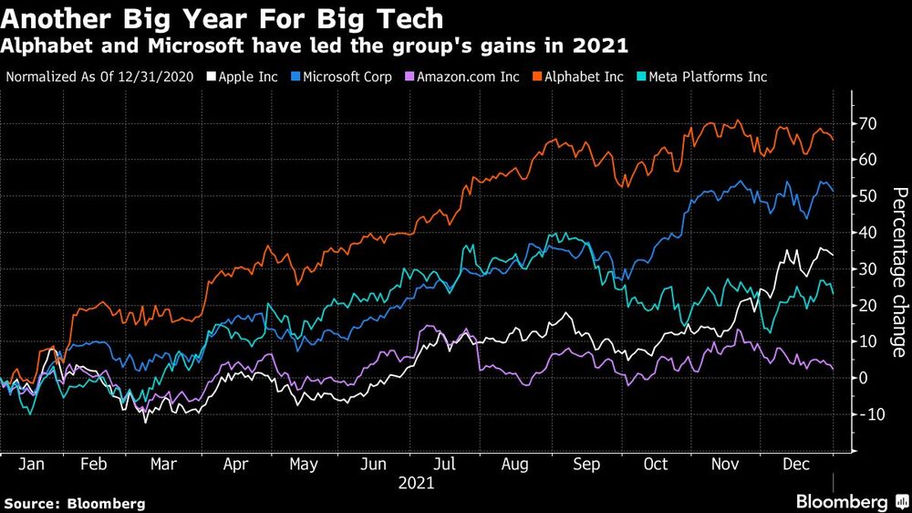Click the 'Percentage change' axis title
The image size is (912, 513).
click(898, 272)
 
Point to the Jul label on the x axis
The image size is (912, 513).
click(444, 465)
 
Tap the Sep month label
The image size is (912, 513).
click(586, 465)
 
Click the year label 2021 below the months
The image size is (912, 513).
click(416, 484)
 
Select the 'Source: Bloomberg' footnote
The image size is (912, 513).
click(75, 503)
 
